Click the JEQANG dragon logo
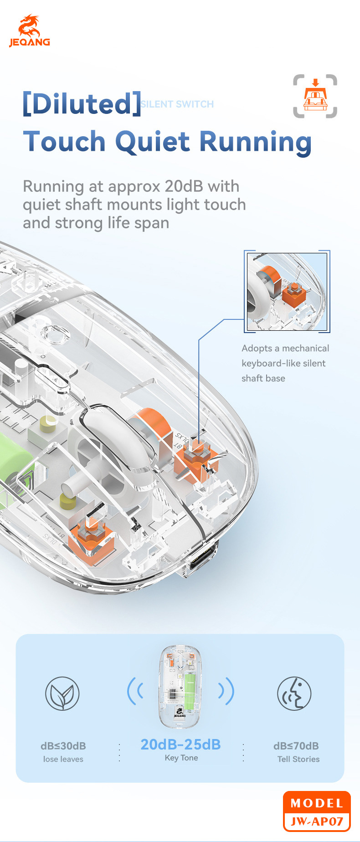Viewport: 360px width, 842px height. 29,30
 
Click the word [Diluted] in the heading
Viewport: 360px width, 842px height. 82,103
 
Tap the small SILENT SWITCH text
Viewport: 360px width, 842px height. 177,104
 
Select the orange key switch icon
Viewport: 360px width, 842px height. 315,96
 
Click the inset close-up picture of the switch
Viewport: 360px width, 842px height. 287,292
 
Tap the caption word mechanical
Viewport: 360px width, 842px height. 305,348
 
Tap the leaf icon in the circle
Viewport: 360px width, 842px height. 62,693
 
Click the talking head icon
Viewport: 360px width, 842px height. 294,693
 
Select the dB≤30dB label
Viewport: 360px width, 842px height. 63,746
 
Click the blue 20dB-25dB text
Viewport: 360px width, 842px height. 180,744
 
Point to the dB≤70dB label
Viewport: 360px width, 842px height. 296,746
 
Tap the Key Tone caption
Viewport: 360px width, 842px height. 181,758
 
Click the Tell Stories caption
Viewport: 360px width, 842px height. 298,759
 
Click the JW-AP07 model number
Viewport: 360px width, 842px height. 317,821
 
